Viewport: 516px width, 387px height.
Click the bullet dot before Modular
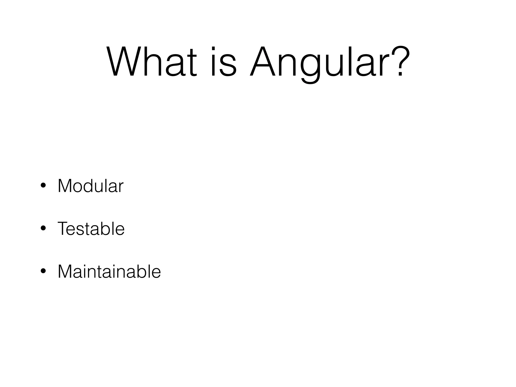coord(43,186)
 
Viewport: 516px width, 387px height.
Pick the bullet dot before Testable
coord(43,229)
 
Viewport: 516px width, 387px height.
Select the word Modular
coord(90,186)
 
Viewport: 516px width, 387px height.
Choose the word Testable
coord(91,229)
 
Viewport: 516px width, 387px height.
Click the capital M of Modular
coord(65,186)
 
